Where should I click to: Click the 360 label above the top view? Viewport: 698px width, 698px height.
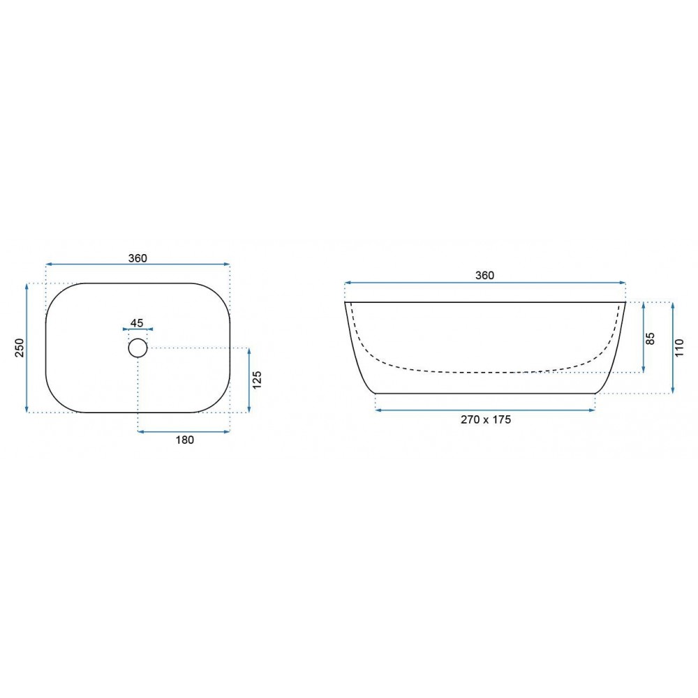tap(138, 258)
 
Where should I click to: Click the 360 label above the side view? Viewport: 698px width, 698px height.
tap(485, 276)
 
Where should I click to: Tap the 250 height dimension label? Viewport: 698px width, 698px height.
tap(20, 348)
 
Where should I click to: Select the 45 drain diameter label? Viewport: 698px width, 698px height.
tap(137, 322)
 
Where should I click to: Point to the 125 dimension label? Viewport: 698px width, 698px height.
tap(258, 380)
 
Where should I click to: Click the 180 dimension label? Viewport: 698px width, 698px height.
tap(185, 440)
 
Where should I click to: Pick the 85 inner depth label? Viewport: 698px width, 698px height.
tap(651, 339)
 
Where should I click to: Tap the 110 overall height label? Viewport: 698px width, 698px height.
tap(679, 348)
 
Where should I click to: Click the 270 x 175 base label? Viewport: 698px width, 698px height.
tap(486, 419)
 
